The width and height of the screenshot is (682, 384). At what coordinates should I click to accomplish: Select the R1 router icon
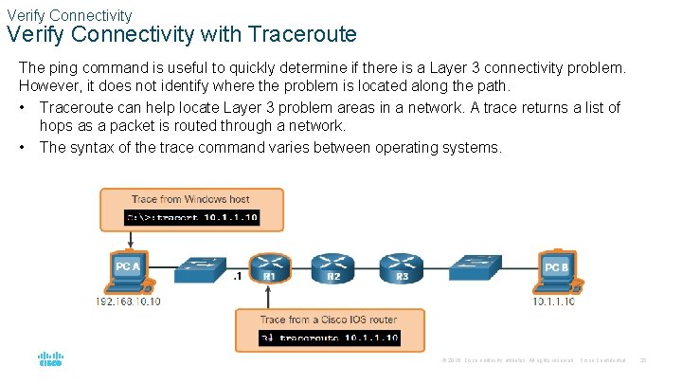tap(268, 266)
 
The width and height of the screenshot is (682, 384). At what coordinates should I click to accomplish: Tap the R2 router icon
tap(332, 266)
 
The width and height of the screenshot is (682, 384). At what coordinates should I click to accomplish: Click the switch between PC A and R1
tap(203, 265)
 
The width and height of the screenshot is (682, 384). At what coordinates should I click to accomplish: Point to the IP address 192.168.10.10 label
tap(128, 302)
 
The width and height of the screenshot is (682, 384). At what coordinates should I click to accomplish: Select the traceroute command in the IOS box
tap(330, 338)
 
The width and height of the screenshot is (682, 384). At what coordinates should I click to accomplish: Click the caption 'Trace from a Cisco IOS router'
tap(330, 320)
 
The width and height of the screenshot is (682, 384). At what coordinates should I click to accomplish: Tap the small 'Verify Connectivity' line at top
tap(69, 15)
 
